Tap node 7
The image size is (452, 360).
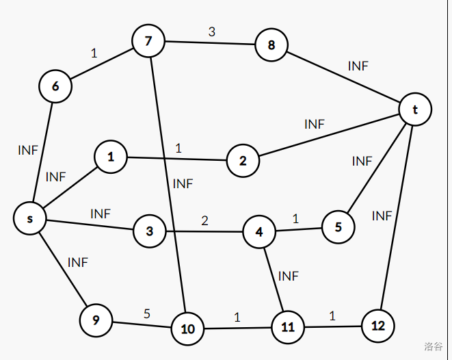148,42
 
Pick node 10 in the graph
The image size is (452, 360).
187,329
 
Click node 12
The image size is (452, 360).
378,326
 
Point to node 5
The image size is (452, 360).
338,227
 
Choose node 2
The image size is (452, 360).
243,160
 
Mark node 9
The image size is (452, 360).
96,320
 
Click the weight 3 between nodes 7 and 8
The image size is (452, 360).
212,31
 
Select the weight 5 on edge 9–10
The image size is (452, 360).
147,314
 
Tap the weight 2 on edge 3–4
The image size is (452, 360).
204,221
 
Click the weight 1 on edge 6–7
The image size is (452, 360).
94,53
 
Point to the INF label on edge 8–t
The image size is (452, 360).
358,66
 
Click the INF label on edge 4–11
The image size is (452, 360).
289,276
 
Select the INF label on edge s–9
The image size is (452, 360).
78,262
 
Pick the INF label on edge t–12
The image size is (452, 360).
382,216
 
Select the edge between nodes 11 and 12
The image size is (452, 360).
332,327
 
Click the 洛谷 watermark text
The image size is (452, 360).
433,346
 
